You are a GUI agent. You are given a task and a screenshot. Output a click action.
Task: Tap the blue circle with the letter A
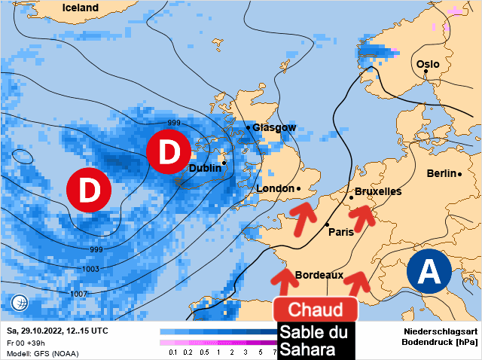429,270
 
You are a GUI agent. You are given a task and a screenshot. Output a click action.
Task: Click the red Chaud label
316,310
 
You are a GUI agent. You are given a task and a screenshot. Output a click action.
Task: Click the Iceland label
81,8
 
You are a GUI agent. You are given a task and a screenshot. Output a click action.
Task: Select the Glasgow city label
274,128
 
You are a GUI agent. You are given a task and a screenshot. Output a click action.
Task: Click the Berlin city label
441,174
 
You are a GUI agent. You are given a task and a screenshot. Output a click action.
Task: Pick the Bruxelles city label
378,192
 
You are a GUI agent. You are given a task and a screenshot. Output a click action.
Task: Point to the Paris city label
341,232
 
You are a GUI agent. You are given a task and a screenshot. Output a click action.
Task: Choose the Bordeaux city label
319,276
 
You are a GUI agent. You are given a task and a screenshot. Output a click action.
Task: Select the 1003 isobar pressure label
90,269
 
